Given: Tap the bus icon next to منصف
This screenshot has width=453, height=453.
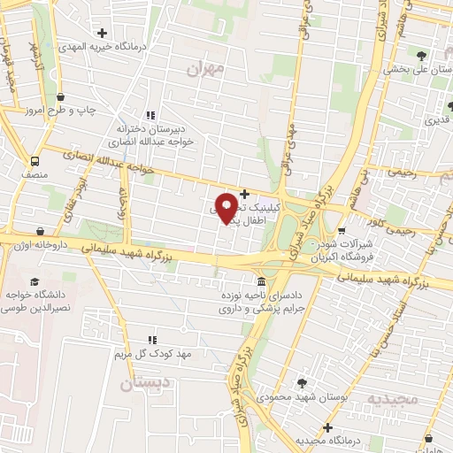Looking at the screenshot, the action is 35,162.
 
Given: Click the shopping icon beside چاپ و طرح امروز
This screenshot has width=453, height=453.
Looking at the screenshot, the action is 60,96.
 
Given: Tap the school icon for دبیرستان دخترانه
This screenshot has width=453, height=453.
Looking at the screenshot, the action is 151,114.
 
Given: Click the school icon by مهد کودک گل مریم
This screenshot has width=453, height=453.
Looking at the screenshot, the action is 151,339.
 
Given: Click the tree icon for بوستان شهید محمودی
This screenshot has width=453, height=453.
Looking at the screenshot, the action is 303,382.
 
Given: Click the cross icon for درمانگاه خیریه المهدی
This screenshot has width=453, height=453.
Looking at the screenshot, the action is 104,33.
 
